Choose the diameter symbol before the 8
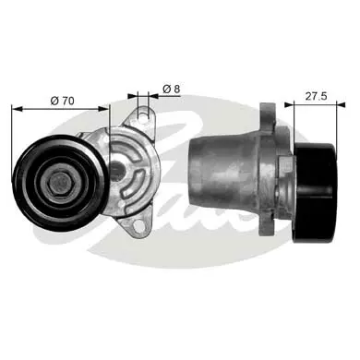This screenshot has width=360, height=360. click(x=165, y=89)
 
